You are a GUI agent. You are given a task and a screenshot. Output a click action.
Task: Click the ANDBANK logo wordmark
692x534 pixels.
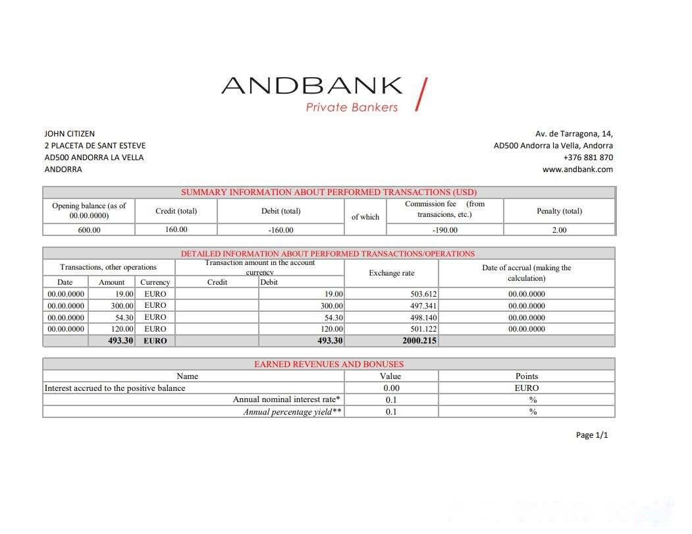point(311,86)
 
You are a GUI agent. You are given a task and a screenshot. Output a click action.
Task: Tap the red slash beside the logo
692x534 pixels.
point(421,94)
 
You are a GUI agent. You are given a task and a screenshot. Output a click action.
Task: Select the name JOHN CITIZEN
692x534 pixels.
point(70,134)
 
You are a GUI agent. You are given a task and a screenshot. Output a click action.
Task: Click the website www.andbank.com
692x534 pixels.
point(577,169)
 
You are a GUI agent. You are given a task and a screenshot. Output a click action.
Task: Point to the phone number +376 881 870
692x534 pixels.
point(588,158)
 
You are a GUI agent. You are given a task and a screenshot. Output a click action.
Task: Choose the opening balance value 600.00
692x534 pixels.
point(89,230)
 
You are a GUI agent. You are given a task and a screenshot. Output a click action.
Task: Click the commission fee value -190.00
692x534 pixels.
point(444,230)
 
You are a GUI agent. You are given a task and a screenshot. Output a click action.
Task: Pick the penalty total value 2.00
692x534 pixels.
point(559,230)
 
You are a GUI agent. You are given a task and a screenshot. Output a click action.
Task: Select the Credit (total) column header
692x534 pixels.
point(176,211)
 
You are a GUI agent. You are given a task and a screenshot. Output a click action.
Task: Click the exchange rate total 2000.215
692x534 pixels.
point(419,341)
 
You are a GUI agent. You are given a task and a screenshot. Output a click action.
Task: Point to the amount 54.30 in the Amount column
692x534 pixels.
point(123,318)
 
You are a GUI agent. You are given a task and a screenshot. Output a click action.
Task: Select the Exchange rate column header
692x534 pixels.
point(391,273)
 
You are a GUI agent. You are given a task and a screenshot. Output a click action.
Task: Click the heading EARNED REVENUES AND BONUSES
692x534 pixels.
point(329,364)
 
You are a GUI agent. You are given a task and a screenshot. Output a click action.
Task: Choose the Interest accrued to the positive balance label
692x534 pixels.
point(115,388)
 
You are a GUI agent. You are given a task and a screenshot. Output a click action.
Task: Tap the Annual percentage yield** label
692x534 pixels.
point(292,412)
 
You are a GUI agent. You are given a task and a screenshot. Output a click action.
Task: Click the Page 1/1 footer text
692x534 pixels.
point(592,435)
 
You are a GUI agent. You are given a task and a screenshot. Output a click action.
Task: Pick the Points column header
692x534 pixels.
point(526,376)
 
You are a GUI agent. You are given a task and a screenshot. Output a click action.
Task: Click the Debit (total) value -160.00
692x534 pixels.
point(280,230)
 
